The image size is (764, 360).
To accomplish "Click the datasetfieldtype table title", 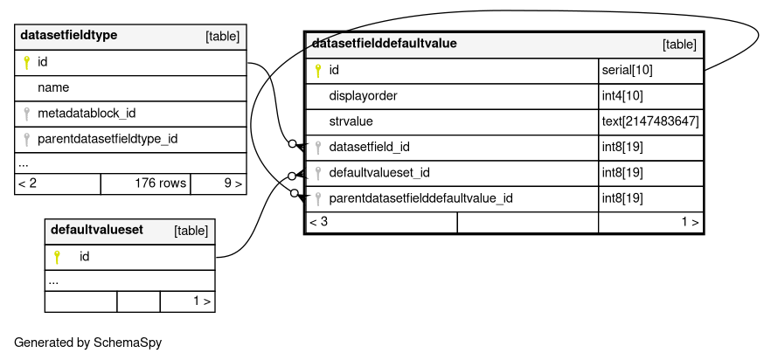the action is [x=69, y=36].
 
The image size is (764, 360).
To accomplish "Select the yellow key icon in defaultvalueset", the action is [x=57, y=257].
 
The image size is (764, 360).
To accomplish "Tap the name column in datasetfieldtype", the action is [x=53, y=87].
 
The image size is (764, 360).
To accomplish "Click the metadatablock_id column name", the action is [x=87, y=114].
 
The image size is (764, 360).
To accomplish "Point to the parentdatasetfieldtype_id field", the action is [x=108, y=139].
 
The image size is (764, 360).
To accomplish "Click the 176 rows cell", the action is [x=146, y=183].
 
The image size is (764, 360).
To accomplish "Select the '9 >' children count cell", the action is [x=219, y=183].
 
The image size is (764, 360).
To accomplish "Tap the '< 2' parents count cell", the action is [x=58, y=183].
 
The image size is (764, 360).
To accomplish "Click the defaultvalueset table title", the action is [x=97, y=230].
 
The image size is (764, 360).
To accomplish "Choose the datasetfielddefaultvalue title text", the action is [x=384, y=44].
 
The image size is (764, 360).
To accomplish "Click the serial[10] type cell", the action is [x=650, y=71].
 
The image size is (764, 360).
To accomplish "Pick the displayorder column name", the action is [x=363, y=96].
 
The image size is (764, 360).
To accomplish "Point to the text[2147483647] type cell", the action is [x=650, y=121].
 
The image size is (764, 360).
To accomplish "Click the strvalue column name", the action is [x=351, y=121].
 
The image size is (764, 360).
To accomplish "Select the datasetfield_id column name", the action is [x=370, y=147].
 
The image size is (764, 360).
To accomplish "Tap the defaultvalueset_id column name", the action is [x=379, y=173].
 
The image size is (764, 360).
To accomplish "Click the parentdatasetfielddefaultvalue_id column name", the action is [x=420, y=198].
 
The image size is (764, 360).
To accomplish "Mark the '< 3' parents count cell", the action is [x=381, y=223].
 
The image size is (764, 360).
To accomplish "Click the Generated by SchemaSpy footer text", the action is [x=87, y=343].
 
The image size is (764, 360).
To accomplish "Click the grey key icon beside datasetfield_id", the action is [x=318, y=147].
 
